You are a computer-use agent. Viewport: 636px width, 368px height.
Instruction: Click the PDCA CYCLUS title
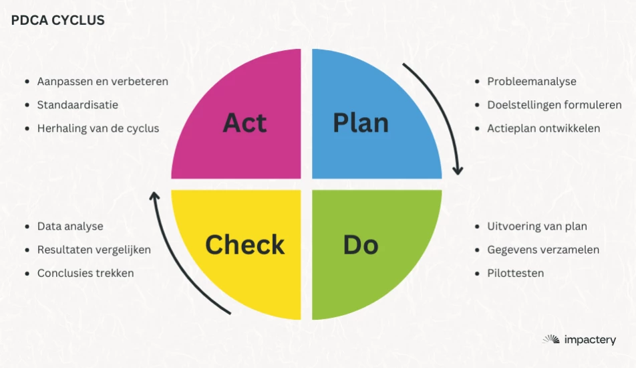tap(57, 20)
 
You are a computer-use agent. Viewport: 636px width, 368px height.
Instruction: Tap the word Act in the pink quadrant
tap(245, 122)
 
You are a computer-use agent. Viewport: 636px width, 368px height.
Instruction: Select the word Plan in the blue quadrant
tap(361, 122)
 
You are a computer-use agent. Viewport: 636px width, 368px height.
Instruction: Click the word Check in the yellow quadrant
tap(245, 244)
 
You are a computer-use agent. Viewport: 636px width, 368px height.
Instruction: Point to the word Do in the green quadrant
tap(361, 244)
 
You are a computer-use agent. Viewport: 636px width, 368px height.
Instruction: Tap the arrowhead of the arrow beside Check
tap(154, 196)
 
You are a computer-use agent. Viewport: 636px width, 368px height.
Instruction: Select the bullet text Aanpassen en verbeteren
tap(103, 81)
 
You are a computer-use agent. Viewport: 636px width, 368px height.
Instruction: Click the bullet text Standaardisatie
tap(77, 105)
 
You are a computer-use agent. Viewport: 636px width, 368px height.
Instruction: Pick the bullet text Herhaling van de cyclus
tap(98, 128)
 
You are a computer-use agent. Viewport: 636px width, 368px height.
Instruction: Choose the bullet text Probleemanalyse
tap(532, 81)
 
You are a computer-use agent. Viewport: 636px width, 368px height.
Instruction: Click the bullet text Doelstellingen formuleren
tap(554, 105)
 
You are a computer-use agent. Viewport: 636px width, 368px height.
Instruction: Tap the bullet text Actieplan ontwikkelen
tap(544, 128)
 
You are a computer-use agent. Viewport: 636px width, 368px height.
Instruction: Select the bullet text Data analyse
tap(70, 226)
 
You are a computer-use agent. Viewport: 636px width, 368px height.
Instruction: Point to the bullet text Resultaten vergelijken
tap(94, 250)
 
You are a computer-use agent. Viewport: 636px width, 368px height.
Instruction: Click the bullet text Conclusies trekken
tap(86, 273)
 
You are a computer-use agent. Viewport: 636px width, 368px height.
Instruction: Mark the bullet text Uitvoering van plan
tap(537, 226)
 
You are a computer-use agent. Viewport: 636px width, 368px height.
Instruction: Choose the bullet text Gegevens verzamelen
tap(543, 250)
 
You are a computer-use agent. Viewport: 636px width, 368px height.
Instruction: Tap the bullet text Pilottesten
tap(516, 273)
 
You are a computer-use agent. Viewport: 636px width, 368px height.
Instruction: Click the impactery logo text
tap(590, 340)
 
